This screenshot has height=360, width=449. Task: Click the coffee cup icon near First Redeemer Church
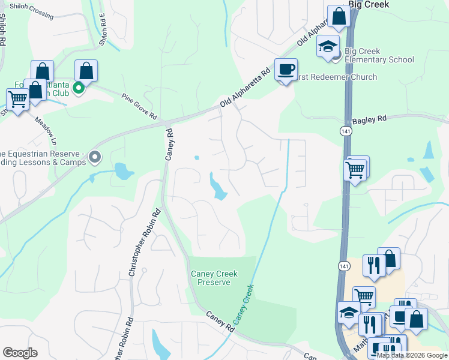tap(286, 70)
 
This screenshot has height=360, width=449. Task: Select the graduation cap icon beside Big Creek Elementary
tap(328, 47)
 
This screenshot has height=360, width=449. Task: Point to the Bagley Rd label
tap(369, 120)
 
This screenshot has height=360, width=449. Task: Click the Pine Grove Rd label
tap(139, 106)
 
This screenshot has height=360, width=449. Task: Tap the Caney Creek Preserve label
tap(214, 278)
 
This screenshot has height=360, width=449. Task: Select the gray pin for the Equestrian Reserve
tap(94, 157)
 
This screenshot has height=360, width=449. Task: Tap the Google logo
tap(20, 353)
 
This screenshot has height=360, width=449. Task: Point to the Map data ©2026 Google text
tap(412, 355)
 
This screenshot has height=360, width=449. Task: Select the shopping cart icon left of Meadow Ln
tap(17, 99)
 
